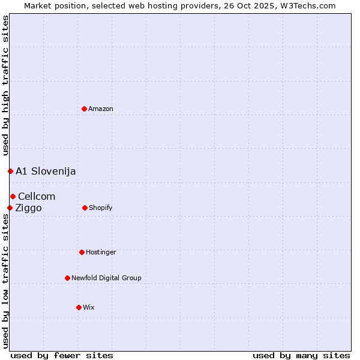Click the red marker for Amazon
tap(84, 109)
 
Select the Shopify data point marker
tap(85, 208)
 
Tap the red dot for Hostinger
tap(82, 252)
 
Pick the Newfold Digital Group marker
tap(67, 278)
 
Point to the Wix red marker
tap(79, 307)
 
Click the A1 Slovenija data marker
tap(10, 171)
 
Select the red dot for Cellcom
tap(13, 196)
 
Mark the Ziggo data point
tap(10, 208)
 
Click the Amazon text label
tap(101, 109)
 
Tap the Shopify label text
tap(101, 208)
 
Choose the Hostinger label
tap(101, 252)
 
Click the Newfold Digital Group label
tap(106, 278)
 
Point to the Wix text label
tap(89, 307)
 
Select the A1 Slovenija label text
tap(46, 171)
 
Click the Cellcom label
tap(37, 196)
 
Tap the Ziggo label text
tap(28, 208)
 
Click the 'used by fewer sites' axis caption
tap(62, 355)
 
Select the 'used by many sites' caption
tap(301, 355)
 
